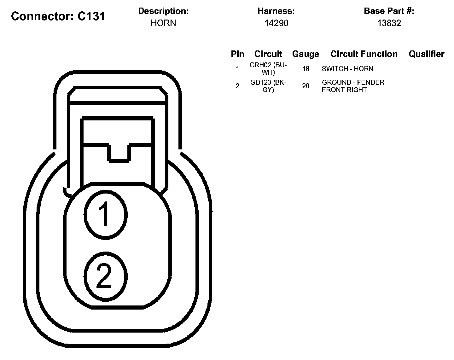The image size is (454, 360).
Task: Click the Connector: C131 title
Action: click(x=58, y=16)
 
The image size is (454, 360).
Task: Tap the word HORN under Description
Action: click(x=163, y=23)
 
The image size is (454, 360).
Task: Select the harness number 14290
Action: click(x=276, y=23)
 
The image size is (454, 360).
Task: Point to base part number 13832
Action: click(x=389, y=23)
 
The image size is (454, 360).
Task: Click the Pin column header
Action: click(x=237, y=54)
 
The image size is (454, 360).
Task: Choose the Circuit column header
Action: click(x=268, y=54)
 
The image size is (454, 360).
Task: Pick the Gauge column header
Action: click(x=306, y=54)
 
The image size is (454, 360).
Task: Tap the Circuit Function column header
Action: click(x=364, y=54)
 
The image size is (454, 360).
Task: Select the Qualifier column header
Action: click(x=426, y=54)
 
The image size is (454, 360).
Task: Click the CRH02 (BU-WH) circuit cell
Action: click(x=268, y=69)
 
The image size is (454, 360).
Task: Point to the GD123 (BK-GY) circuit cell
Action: click(x=268, y=86)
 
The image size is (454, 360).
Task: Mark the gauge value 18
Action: click(x=306, y=69)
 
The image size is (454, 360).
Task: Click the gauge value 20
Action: click(x=306, y=86)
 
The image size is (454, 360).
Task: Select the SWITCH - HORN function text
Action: click(x=347, y=69)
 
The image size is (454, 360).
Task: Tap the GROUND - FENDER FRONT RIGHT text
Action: click(x=353, y=86)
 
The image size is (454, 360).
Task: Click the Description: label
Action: click(x=163, y=11)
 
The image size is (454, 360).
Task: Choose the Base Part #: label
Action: click(x=389, y=11)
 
